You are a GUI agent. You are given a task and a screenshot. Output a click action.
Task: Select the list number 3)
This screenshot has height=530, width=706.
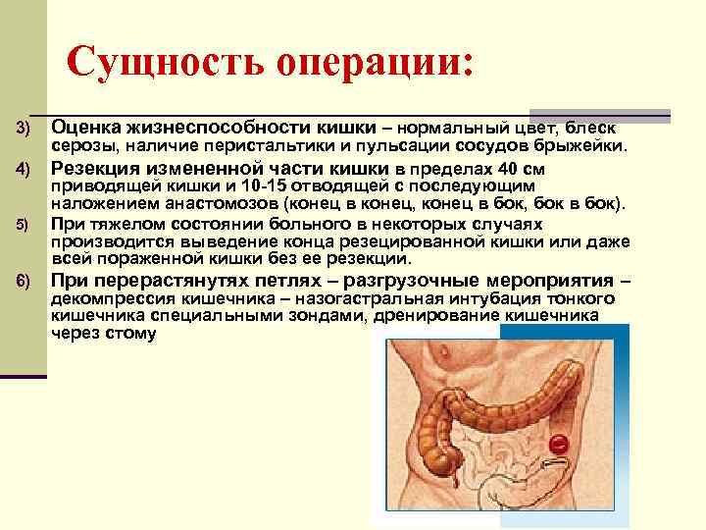(25, 130)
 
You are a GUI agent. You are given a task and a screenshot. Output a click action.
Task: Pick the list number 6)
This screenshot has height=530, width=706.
(25, 281)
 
